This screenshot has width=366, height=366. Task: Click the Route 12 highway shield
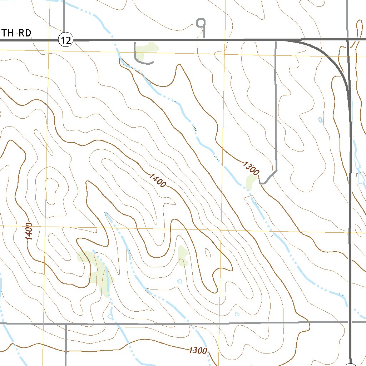tap(66, 40)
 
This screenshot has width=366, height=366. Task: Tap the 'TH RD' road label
tap(16, 33)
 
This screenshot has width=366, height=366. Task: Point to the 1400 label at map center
tap(158, 180)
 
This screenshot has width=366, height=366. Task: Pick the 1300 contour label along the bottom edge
tap(198, 350)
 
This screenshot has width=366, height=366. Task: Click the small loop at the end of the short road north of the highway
tap(202, 23)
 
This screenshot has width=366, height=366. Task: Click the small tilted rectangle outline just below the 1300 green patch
tap(248, 198)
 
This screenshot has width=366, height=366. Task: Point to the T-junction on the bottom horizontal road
tap(66, 324)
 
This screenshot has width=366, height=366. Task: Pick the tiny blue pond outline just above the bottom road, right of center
tap(237, 314)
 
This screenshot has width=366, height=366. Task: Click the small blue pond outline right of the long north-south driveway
tap(320, 119)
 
